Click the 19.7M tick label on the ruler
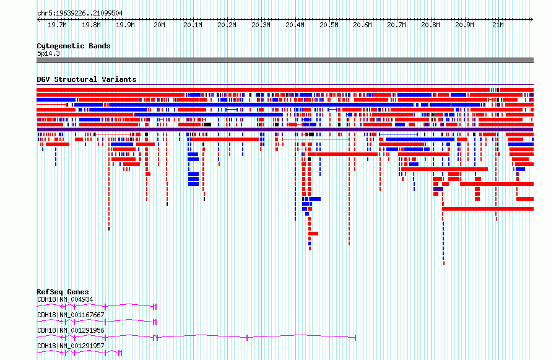pos(57,25)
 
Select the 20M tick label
pos(159,25)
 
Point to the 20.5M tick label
pos(329,25)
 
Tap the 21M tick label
pos(498,25)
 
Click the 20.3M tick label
pos(261,25)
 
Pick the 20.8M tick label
pos(430,25)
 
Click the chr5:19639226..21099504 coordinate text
pos(80,14)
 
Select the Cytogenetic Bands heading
pos(74,46)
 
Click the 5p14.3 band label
pos(48,53)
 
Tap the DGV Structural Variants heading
pos(87,79)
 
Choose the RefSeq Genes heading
pos(63,292)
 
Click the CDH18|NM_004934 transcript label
pos(65,299)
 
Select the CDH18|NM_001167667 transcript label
pos(71,315)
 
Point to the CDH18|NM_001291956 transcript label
pos(71,330)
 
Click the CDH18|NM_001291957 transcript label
pos(71,346)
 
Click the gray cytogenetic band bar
pos(285,60)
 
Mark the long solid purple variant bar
pos(285,130)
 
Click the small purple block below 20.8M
pos(438,189)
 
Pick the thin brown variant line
pos(316,139)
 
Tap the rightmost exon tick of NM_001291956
pos(355,338)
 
